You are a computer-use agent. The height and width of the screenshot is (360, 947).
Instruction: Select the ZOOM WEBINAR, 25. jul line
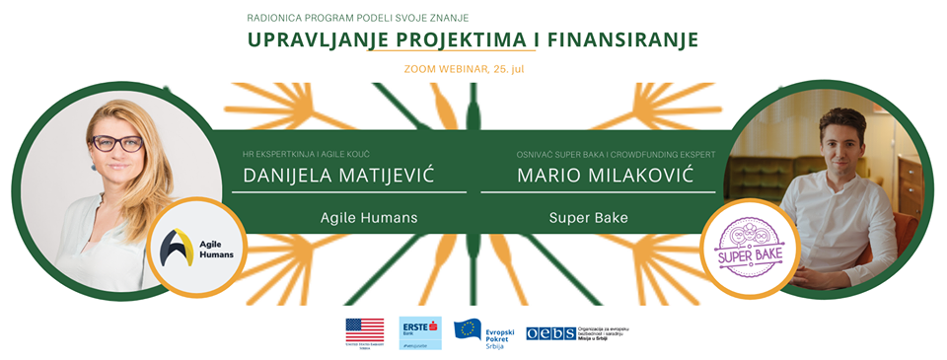(473, 69)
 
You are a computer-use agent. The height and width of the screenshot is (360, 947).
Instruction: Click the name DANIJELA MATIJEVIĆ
(339, 178)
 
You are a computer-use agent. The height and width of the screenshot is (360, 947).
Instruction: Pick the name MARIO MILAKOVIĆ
(602, 178)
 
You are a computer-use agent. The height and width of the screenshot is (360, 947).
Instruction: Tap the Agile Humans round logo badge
(188, 249)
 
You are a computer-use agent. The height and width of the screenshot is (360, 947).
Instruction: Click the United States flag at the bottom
(365, 330)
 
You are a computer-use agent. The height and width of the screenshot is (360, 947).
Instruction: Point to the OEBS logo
(550, 333)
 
